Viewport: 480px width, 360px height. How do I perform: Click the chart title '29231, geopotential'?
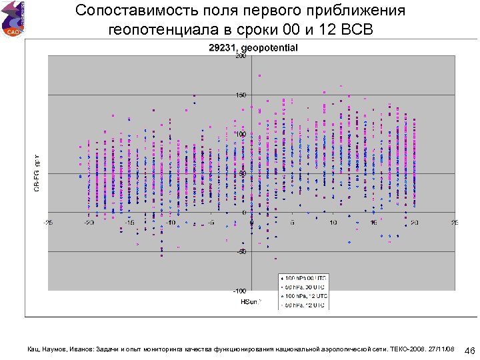tap(253, 48)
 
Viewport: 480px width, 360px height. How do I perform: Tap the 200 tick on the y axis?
tap(241, 56)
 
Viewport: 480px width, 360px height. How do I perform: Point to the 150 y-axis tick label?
tap(241, 95)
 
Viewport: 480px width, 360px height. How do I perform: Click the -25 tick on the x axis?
tap(49, 222)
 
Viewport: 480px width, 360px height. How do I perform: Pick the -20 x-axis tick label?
tap(89, 222)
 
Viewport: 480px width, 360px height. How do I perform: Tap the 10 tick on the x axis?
tap(333, 222)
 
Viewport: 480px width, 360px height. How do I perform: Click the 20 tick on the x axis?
tap(414, 222)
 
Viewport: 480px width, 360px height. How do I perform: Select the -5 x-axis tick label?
tap(211, 222)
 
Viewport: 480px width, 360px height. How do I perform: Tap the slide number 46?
tap(469, 351)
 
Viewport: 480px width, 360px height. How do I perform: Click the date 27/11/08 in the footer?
tap(443, 349)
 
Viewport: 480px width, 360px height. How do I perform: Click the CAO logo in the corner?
tap(12, 18)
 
